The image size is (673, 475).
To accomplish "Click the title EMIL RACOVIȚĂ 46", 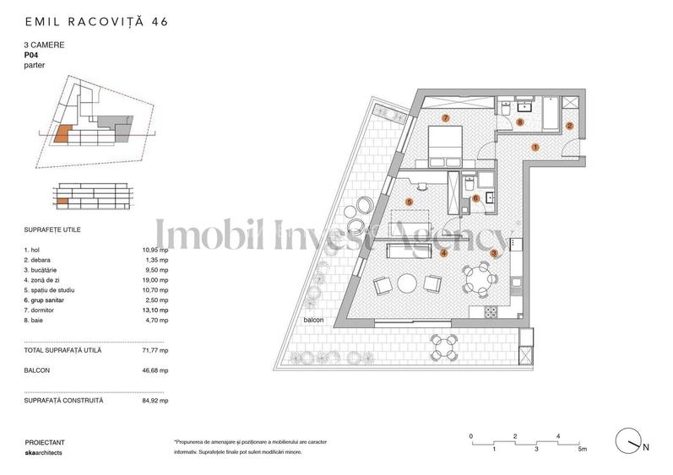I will point(96,22).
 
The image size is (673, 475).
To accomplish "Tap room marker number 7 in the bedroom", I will point(446,117).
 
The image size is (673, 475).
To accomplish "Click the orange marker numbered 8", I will point(520,122).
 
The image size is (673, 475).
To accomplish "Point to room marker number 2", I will point(569,127).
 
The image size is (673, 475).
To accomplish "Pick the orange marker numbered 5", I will point(409,202).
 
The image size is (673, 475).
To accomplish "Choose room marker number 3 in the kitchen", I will point(494,253).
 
